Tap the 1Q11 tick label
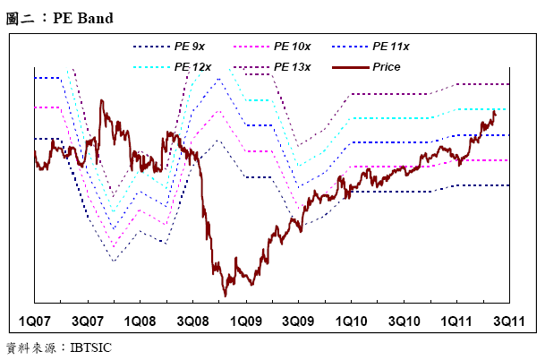point(456,321)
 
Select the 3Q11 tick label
point(507,321)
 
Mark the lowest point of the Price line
point(225,296)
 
